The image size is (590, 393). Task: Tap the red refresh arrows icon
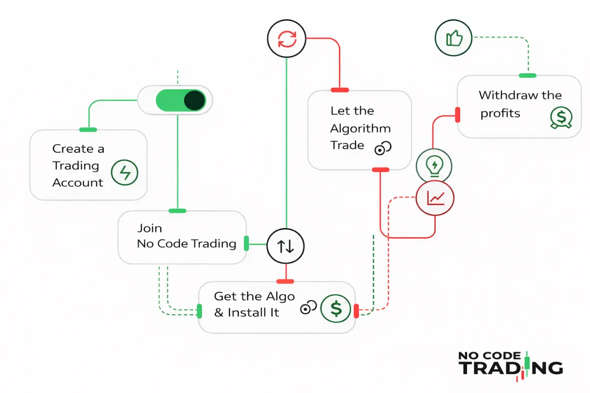point(286,39)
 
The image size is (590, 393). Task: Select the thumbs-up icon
point(454,39)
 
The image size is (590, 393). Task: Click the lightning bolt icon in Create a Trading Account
point(125,173)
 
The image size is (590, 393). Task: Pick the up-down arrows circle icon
point(286,246)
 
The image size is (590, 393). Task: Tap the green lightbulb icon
point(434,166)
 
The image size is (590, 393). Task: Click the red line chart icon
point(435,198)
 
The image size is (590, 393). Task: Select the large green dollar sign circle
point(336,309)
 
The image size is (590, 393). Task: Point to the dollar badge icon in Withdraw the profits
point(560,118)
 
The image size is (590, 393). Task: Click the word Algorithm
point(360,129)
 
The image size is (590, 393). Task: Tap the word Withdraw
point(501,95)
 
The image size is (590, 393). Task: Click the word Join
point(149,228)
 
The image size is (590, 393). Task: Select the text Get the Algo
point(254,296)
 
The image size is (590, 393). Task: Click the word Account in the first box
point(78,183)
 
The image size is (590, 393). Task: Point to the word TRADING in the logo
point(511,368)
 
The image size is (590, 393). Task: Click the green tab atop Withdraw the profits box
point(528,75)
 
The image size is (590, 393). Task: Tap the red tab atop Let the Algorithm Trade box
point(340,90)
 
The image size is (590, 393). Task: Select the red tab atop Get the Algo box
point(285,281)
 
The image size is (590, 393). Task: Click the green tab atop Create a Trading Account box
point(88,130)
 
